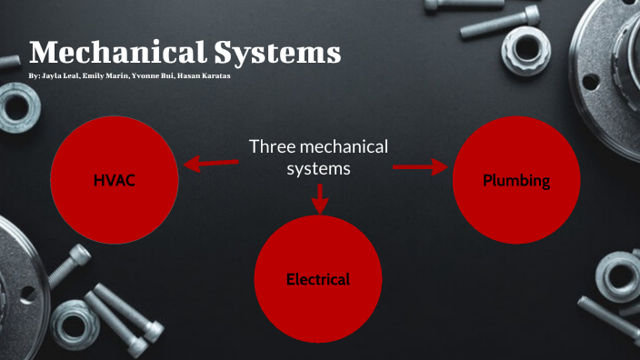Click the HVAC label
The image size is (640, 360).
point(114,180)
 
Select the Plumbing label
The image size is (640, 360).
point(516,181)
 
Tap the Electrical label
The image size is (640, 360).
point(317,279)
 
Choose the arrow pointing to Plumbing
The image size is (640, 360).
point(420,167)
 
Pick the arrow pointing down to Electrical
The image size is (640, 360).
point(318,197)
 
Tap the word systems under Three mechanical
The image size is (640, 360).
point(318,169)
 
